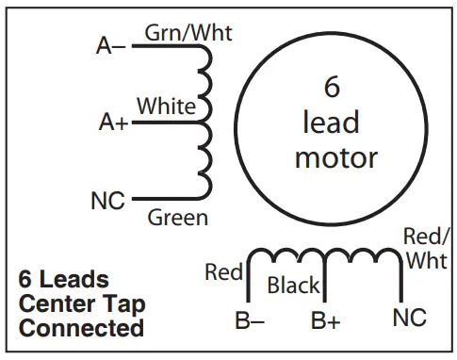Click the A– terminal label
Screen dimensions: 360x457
point(111,44)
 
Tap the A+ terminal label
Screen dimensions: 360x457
point(113,122)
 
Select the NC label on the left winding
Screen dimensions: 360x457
point(107,200)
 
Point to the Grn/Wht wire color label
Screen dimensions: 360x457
point(188,33)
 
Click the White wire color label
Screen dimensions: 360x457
point(166,106)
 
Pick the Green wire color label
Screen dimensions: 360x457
point(178,219)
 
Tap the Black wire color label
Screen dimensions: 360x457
point(294,285)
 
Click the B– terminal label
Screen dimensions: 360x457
point(250,321)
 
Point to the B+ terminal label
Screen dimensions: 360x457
point(325,321)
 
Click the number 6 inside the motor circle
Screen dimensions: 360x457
point(332,87)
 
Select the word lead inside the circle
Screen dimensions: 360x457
point(332,122)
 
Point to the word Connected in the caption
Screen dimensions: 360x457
point(81,329)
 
